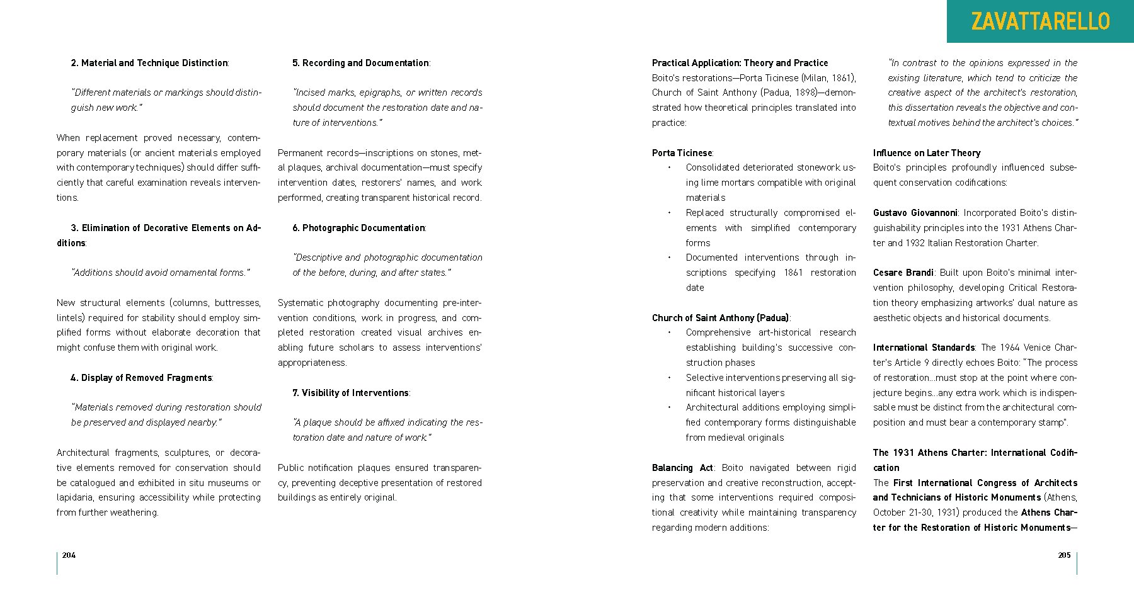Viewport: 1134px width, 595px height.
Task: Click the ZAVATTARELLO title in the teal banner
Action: click(x=1040, y=21)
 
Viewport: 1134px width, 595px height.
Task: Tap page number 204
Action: click(x=69, y=555)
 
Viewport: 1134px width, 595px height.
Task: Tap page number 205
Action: click(x=1064, y=555)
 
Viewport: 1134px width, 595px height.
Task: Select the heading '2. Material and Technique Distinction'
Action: click(x=150, y=63)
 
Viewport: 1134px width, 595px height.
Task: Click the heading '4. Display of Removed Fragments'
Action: click(x=142, y=378)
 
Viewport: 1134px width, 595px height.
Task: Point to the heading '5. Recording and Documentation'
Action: click(x=361, y=63)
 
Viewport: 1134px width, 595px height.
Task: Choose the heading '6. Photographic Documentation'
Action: click(x=359, y=228)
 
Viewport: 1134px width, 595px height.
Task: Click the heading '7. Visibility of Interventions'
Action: click(x=351, y=393)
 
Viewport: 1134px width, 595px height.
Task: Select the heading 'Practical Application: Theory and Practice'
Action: click(x=740, y=63)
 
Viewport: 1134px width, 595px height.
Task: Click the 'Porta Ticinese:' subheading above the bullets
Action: click(x=682, y=153)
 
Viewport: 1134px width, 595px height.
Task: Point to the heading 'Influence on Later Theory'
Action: click(x=927, y=153)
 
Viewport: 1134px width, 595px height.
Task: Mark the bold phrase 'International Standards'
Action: click(x=924, y=348)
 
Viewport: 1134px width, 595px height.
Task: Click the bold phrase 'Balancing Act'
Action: click(x=682, y=468)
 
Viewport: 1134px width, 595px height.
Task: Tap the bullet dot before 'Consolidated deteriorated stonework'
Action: click(x=669, y=167)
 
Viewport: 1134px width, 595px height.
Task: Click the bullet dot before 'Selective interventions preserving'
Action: click(x=669, y=378)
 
